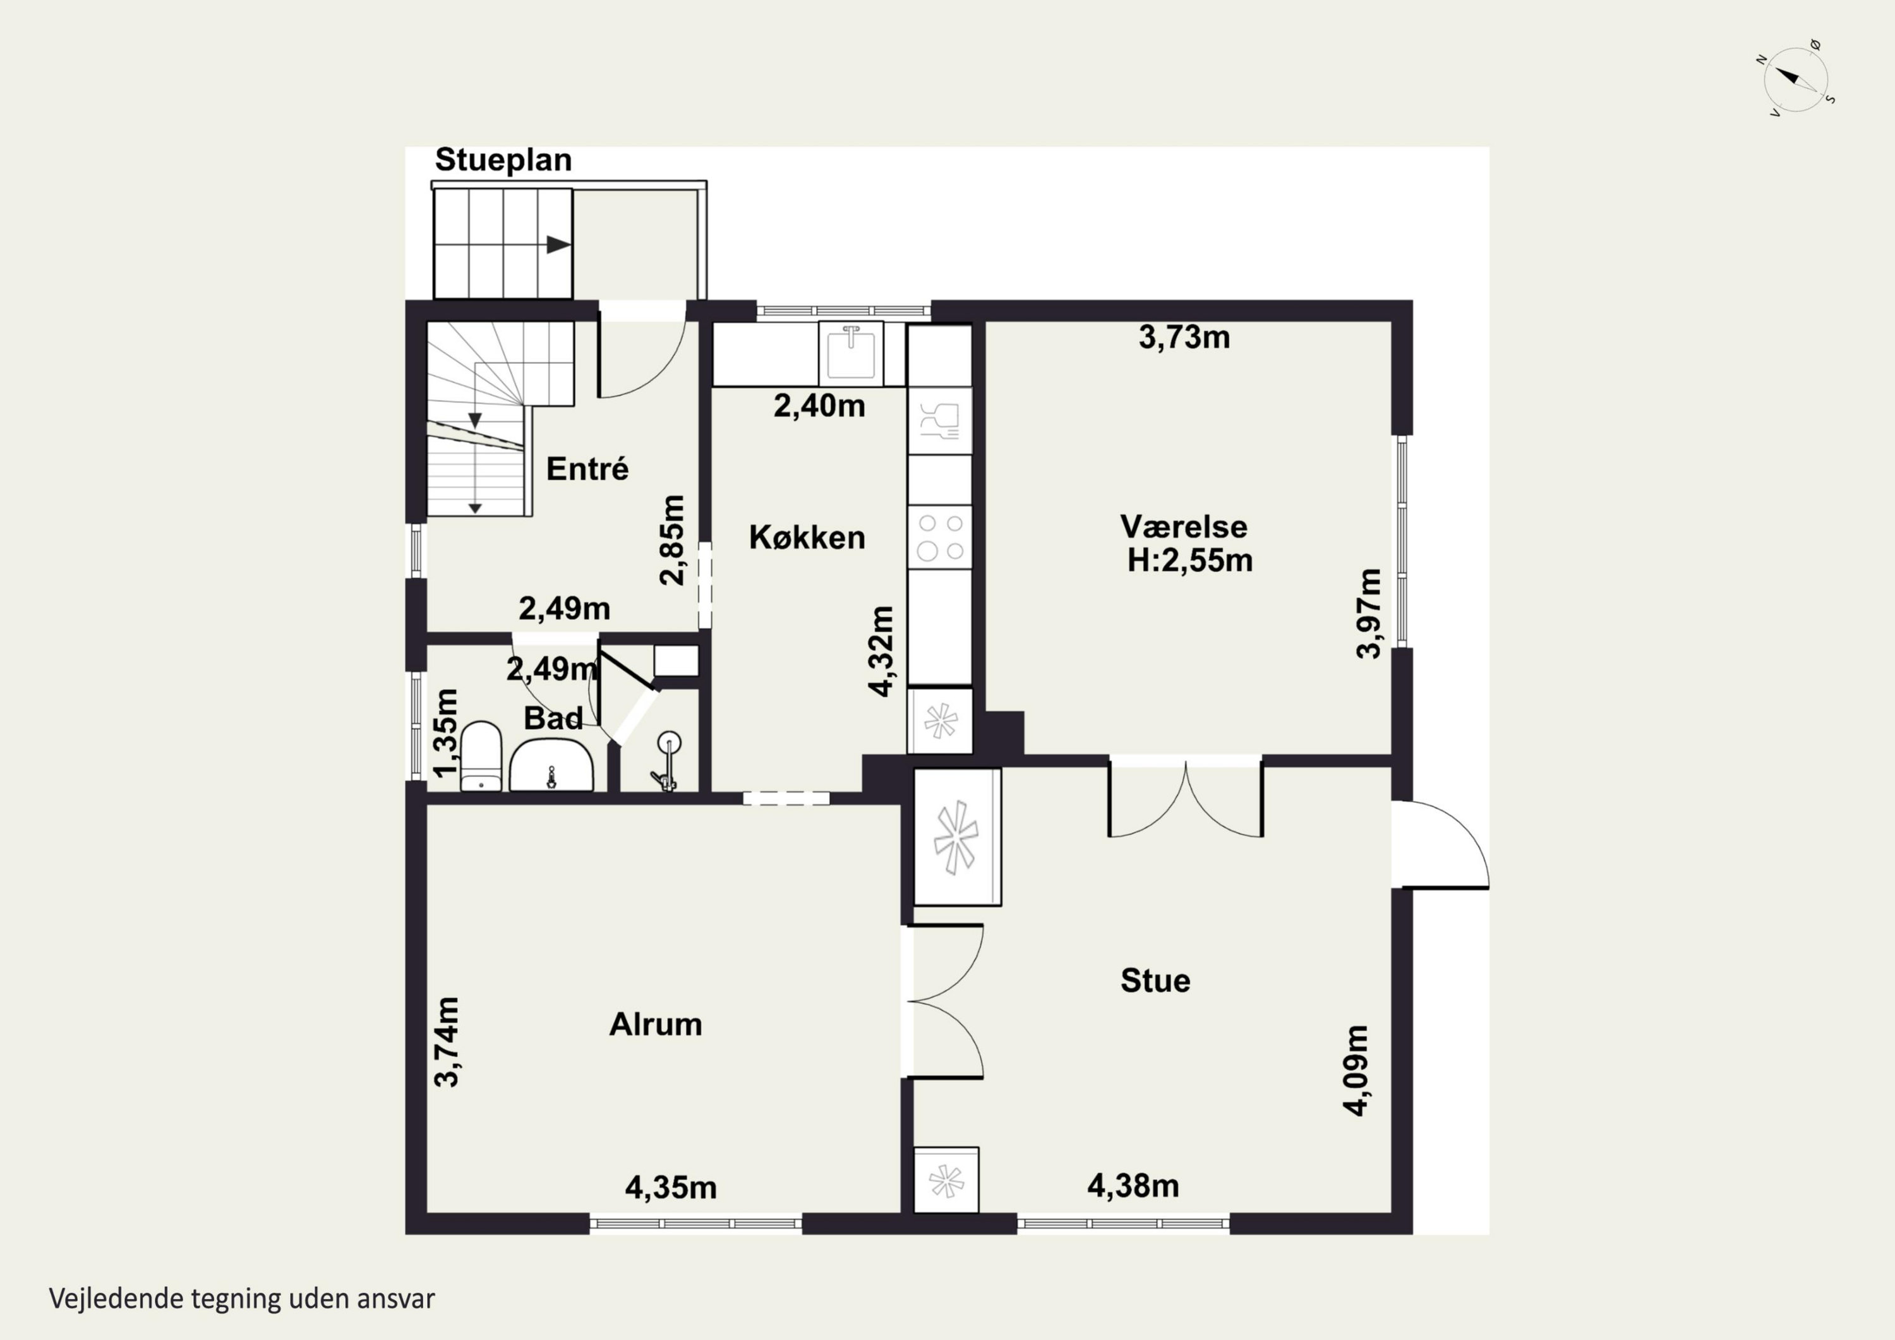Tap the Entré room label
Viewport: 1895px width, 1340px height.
pos(587,469)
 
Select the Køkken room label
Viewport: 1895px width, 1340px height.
pos(807,538)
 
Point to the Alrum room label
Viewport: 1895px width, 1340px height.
pos(655,1025)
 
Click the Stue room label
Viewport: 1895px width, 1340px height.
pos(1155,981)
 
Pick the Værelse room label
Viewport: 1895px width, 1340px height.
pos(1184,527)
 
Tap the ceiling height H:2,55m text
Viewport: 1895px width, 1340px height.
pos(1189,560)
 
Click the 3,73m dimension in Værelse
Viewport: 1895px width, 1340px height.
pos(1184,337)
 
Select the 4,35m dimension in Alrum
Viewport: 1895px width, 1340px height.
pos(671,1188)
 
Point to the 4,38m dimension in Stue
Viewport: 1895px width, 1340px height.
pos(1133,1186)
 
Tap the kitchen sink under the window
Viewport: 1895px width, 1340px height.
pos(851,353)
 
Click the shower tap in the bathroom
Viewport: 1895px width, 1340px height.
pos(667,763)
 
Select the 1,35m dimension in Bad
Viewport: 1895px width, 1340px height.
pos(446,733)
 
